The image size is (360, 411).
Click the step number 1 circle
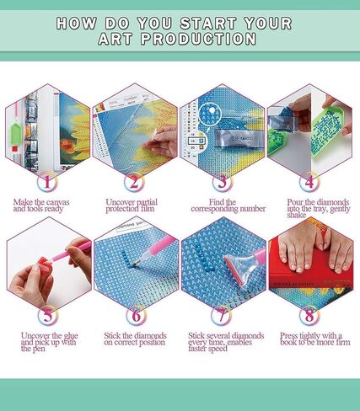point(48,180)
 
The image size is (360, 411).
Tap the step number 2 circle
point(134,180)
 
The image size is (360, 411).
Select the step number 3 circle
point(222,180)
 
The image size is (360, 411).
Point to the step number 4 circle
point(309,180)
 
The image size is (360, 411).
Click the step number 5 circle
point(48,317)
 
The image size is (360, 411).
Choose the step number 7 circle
point(222,317)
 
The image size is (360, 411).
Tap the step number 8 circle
point(309,317)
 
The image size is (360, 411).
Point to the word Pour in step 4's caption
point(284,202)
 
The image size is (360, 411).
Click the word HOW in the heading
point(73,23)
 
